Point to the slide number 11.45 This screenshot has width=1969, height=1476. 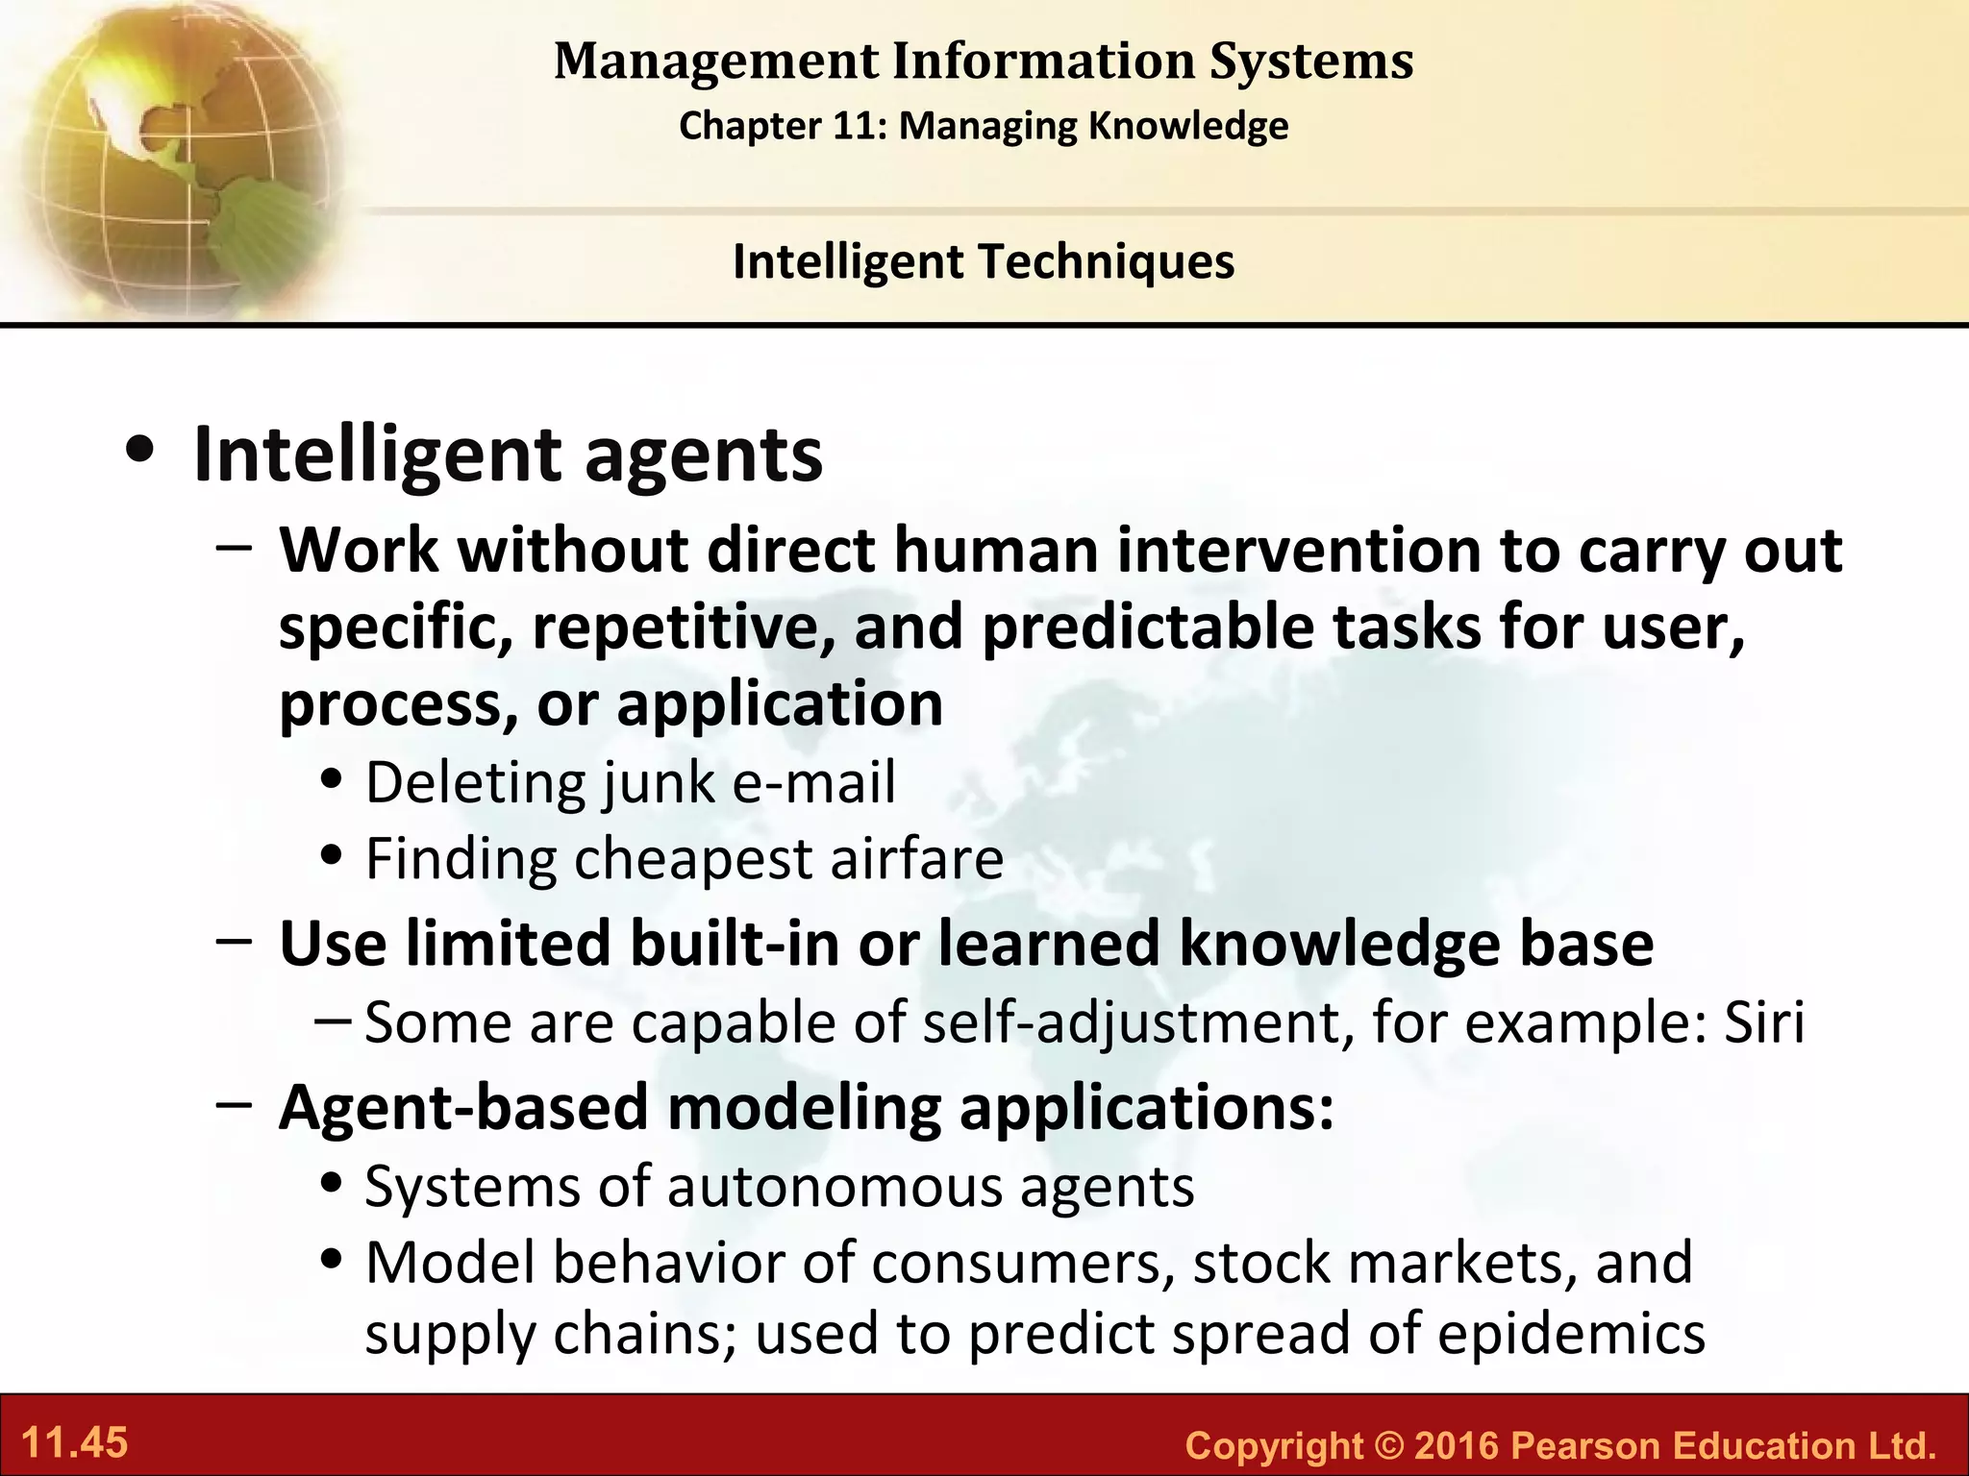click(74, 1443)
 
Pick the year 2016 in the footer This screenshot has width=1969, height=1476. click(1458, 1445)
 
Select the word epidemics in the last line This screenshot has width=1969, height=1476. click(1571, 1334)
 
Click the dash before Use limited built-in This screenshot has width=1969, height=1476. click(235, 942)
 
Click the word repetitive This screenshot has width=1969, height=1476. click(683, 627)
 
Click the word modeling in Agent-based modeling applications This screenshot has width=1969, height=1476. click(804, 1108)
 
